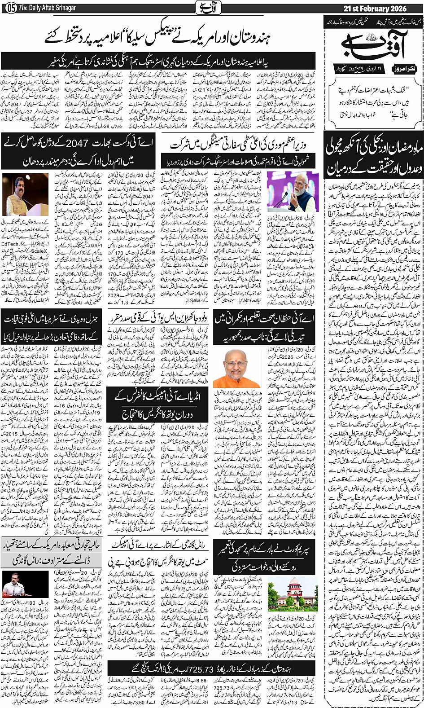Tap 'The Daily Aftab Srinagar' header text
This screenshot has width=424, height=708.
click(47, 9)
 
